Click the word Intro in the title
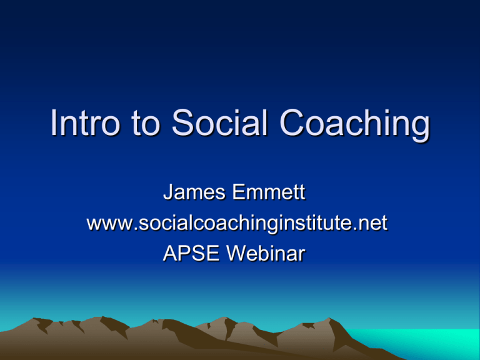(x=84, y=122)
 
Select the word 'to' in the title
(x=146, y=124)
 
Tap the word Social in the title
(x=220, y=122)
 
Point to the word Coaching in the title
(x=355, y=125)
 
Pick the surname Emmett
(x=269, y=192)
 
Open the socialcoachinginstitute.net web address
(x=237, y=223)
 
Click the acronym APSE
(x=191, y=254)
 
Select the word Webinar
(x=266, y=254)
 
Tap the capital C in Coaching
(x=292, y=122)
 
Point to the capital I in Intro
(x=54, y=122)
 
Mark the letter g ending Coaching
(x=420, y=129)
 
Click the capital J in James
(x=167, y=192)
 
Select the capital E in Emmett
(x=239, y=192)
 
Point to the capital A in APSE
(x=171, y=254)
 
